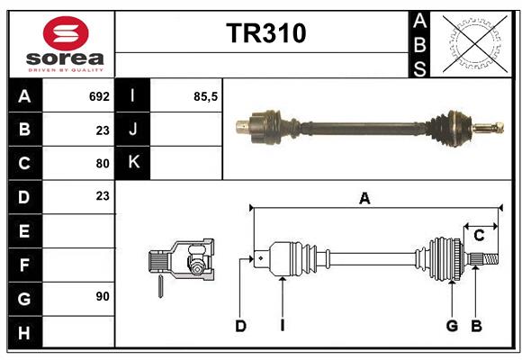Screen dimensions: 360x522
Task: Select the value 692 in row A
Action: click(99, 96)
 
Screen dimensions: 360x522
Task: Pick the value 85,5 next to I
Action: click(206, 96)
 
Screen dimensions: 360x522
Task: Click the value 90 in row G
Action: click(102, 296)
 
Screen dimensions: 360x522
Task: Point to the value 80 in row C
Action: click(102, 164)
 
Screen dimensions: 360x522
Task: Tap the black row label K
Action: click(133, 163)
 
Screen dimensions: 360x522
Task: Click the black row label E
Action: click(24, 231)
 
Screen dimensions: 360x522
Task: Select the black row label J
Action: click(133, 130)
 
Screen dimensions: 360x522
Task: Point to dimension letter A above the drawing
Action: click(364, 199)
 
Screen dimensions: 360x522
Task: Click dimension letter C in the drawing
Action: click(479, 235)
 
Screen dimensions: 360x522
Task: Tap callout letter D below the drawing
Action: click(240, 326)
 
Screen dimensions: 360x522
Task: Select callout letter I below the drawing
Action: click(282, 326)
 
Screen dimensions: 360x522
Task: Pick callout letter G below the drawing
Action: click(452, 326)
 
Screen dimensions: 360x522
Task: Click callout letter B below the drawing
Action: click(477, 326)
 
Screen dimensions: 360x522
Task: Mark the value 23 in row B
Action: click(102, 130)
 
